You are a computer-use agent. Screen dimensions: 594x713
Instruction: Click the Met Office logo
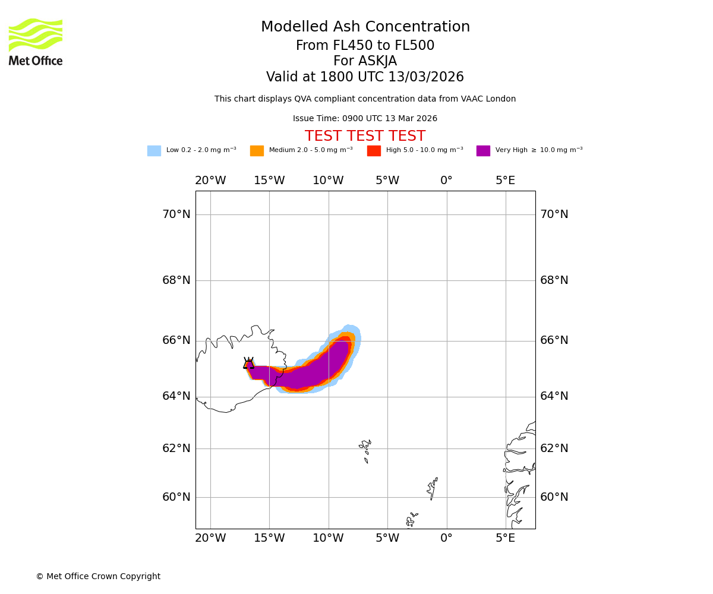click(36, 42)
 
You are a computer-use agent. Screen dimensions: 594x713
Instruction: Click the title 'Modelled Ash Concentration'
click(365, 27)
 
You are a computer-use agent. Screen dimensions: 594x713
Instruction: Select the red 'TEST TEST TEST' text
click(365, 137)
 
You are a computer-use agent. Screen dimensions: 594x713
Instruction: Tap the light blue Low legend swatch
click(154, 151)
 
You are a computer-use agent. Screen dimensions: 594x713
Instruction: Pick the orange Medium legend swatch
click(257, 151)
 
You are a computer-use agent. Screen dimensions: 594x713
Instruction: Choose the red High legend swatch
click(374, 151)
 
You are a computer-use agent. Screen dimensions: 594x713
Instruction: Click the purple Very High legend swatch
click(483, 151)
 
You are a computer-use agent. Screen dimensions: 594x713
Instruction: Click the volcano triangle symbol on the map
click(248, 364)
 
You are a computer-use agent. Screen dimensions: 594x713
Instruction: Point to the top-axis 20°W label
click(210, 181)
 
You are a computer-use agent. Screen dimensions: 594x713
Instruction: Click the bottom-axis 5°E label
click(505, 538)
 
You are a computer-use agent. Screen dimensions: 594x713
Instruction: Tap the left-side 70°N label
click(176, 214)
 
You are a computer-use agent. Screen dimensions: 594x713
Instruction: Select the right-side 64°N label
click(554, 396)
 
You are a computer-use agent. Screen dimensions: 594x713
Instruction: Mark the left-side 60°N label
click(176, 497)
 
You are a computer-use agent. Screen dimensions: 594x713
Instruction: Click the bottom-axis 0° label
click(446, 538)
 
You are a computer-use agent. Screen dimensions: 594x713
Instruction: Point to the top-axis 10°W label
click(328, 181)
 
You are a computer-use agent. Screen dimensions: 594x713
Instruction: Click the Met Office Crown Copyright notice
click(98, 577)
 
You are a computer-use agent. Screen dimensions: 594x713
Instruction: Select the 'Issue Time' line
click(365, 119)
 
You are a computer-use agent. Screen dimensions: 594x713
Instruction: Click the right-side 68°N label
click(554, 280)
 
